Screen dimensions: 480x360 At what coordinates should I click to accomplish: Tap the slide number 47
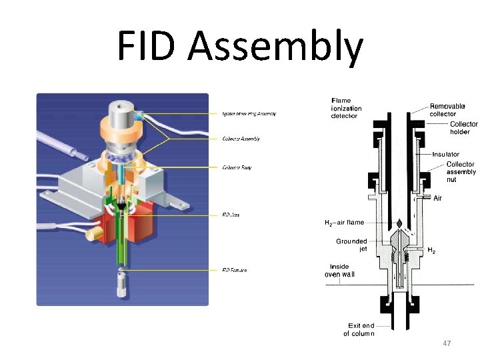tap(447, 343)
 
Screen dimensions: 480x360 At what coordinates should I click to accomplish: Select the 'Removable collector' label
tap(447, 111)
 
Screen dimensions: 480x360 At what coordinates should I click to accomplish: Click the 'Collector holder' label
tap(463, 128)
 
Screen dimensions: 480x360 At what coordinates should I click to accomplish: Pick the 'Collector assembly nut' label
tap(461, 172)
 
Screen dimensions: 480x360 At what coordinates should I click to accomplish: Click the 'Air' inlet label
tap(437, 198)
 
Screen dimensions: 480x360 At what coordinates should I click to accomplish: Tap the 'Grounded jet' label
tap(351, 245)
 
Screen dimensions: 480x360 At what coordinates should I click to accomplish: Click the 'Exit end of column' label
tap(359, 329)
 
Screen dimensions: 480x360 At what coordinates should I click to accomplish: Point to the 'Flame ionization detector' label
tap(346, 109)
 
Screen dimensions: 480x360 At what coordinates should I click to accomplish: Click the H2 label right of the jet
tap(431, 251)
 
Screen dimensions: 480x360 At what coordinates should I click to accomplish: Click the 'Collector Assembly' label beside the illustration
tap(241, 139)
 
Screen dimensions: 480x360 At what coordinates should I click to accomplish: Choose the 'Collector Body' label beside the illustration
tap(237, 167)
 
